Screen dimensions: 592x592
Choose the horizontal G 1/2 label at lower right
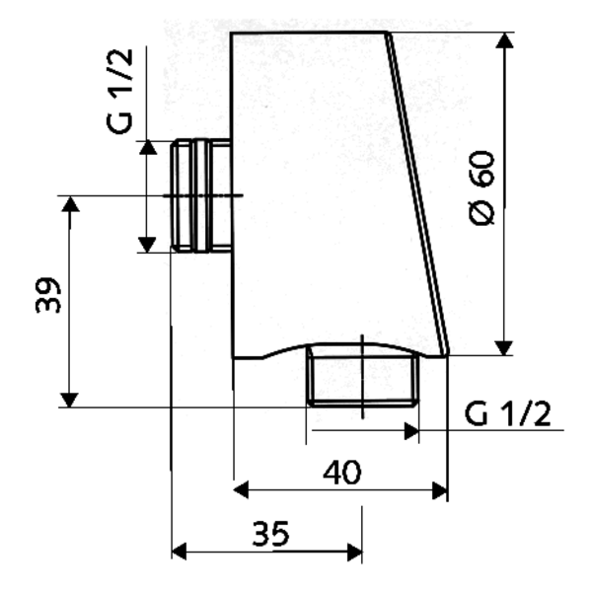pyautogui.click(x=508, y=413)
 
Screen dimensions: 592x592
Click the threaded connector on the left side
pyautogui.click(x=200, y=193)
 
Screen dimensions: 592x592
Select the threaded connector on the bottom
pyautogui.click(x=361, y=375)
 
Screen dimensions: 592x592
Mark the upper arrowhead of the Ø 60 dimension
pyautogui.click(x=504, y=40)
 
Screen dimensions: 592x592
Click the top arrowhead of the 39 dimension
pyautogui.click(x=69, y=205)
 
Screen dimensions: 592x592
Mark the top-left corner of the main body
pyautogui.click(x=233, y=33)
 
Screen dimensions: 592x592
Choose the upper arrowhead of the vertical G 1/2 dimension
pyautogui.click(x=147, y=149)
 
